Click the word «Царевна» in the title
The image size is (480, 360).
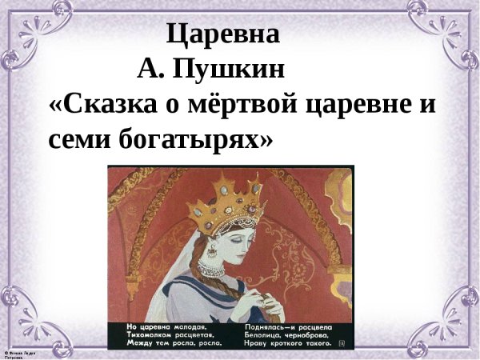223,35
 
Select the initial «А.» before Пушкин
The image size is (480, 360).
150,70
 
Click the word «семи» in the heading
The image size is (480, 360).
80,140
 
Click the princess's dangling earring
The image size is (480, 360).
213,254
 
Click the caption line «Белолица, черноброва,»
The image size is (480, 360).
285,335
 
